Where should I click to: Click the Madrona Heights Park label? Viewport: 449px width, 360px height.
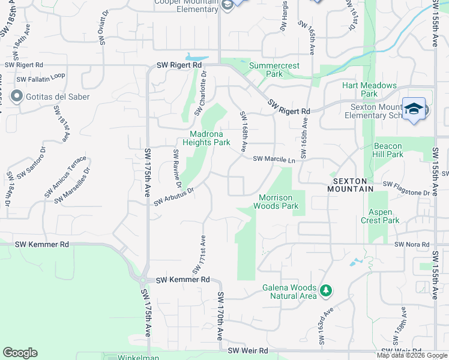coord(210,139)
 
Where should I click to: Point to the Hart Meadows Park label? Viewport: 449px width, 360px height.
coord(369,89)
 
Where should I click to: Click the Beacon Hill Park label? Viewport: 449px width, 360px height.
coord(388,150)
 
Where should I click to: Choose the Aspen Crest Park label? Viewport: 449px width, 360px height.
coord(380,216)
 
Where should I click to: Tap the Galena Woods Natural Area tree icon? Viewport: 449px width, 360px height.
coord(326,290)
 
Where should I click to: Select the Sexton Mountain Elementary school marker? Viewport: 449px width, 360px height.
coord(414,109)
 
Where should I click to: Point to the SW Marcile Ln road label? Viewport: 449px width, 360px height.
coord(274,160)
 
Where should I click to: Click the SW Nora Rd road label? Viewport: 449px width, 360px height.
coord(412,245)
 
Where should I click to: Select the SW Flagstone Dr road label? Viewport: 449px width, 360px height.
coord(406,188)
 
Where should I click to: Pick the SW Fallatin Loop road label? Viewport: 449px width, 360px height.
coord(41,78)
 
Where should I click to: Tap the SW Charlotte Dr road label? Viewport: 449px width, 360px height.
coord(200,95)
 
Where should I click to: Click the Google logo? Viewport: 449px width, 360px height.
coord(20,353)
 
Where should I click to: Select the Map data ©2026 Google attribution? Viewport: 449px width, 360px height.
coord(412,355)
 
